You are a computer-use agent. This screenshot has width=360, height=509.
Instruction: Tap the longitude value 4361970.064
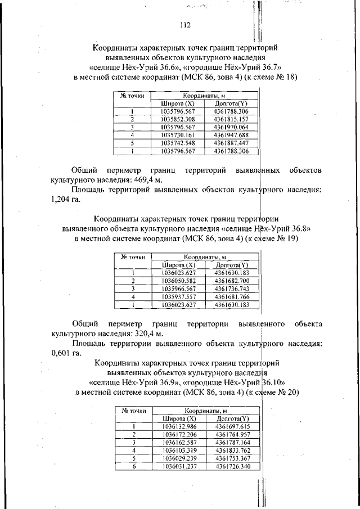231,127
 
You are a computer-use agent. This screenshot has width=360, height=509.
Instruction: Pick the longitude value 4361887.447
231,143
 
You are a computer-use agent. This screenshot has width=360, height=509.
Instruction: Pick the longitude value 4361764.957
232,435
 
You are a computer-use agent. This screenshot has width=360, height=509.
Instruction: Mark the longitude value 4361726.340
232,466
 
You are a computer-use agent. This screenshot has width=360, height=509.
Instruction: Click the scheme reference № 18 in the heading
286,77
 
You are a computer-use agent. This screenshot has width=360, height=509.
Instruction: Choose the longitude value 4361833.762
232,451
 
